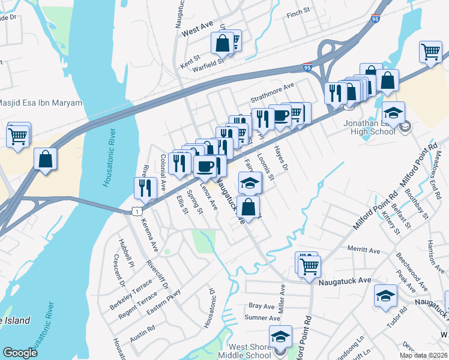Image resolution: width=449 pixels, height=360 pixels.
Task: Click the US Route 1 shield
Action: pos(137,211)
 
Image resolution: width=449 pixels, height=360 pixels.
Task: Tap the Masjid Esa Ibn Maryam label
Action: pos(41,103)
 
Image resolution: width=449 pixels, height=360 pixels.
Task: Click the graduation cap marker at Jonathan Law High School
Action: pos(394,113)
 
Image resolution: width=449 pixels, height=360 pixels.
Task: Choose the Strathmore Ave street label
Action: pos(273,86)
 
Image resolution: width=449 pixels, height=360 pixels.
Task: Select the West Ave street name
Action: pos(197,30)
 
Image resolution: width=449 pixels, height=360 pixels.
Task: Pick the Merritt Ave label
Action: pos(364,250)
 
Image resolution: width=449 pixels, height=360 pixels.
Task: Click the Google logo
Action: pos(20,353)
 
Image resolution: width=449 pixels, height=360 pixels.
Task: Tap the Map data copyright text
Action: pos(423,355)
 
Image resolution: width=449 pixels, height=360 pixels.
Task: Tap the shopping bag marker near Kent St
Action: pos(221,43)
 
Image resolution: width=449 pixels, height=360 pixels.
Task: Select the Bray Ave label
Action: pos(261,306)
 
